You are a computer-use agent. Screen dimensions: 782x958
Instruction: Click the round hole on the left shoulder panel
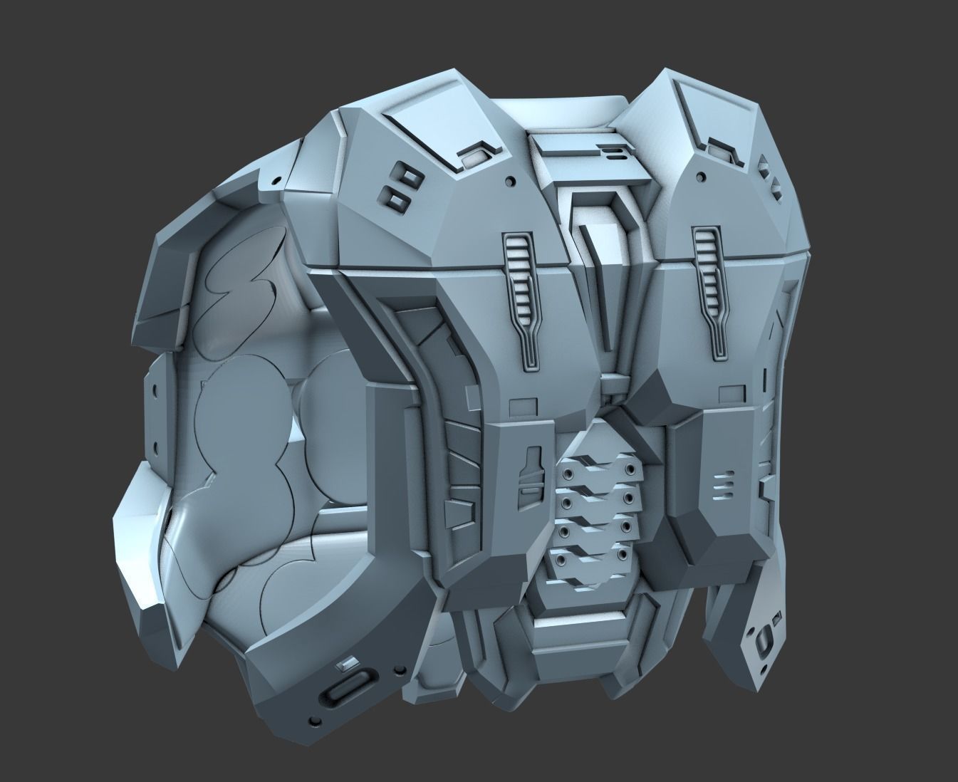pos(510,182)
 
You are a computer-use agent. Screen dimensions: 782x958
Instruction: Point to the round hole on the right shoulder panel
pos(702,175)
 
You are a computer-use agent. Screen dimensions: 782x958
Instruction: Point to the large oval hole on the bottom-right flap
pos(764,633)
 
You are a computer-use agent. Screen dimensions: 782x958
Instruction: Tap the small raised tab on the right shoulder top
pos(717,147)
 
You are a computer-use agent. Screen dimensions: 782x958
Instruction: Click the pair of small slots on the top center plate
pos(610,152)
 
